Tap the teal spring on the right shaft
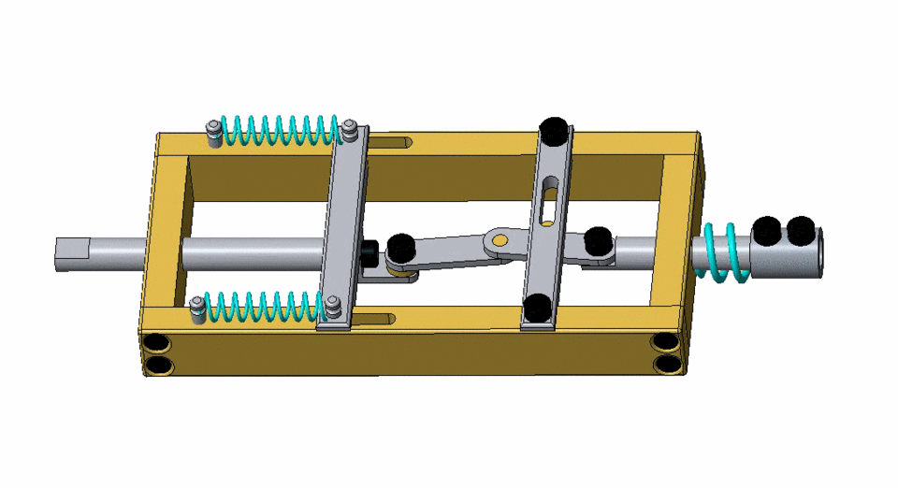(x=724, y=252)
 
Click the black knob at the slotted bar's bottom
(x=537, y=307)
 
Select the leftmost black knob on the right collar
(x=767, y=229)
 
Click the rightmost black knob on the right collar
(x=801, y=229)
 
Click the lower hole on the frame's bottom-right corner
(x=666, y=364)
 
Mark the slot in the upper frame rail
(x=394, y=142)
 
